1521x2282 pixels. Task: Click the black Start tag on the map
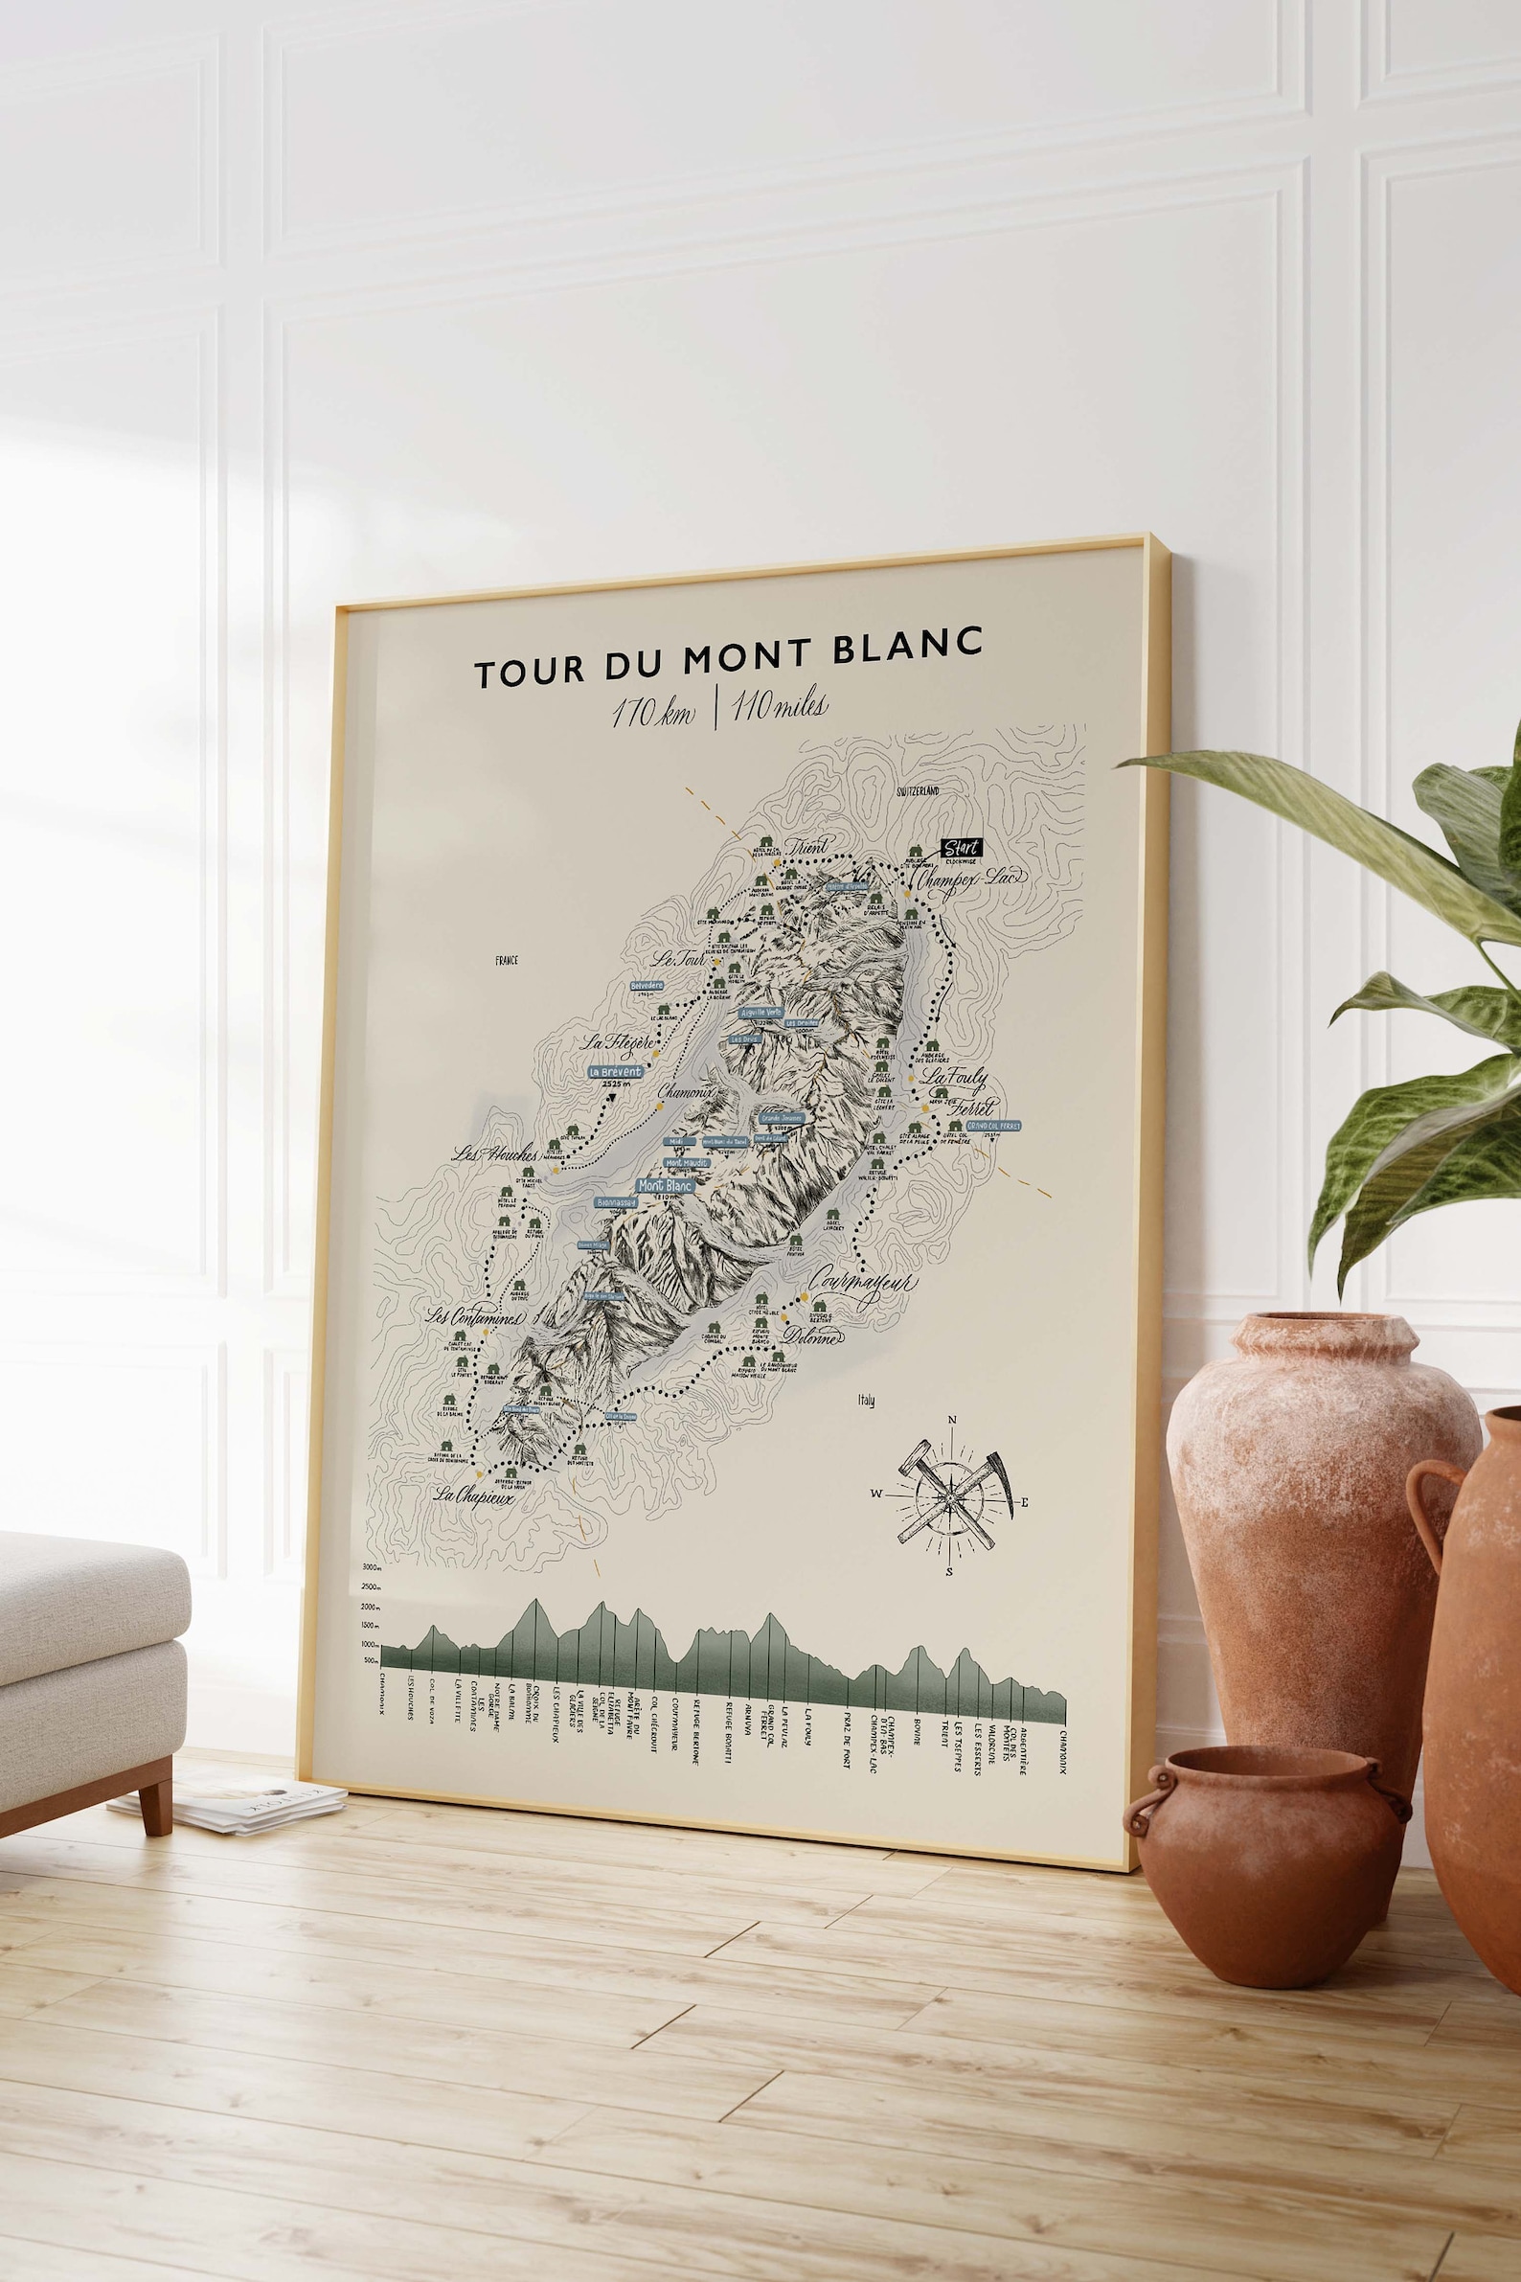962,848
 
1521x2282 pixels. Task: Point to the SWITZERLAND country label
918,791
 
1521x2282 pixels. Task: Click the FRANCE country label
507,961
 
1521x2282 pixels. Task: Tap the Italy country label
865,1400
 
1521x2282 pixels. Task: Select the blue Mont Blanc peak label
665,1185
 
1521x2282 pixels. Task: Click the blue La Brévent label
615,1071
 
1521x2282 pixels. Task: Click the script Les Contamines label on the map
475,1318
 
